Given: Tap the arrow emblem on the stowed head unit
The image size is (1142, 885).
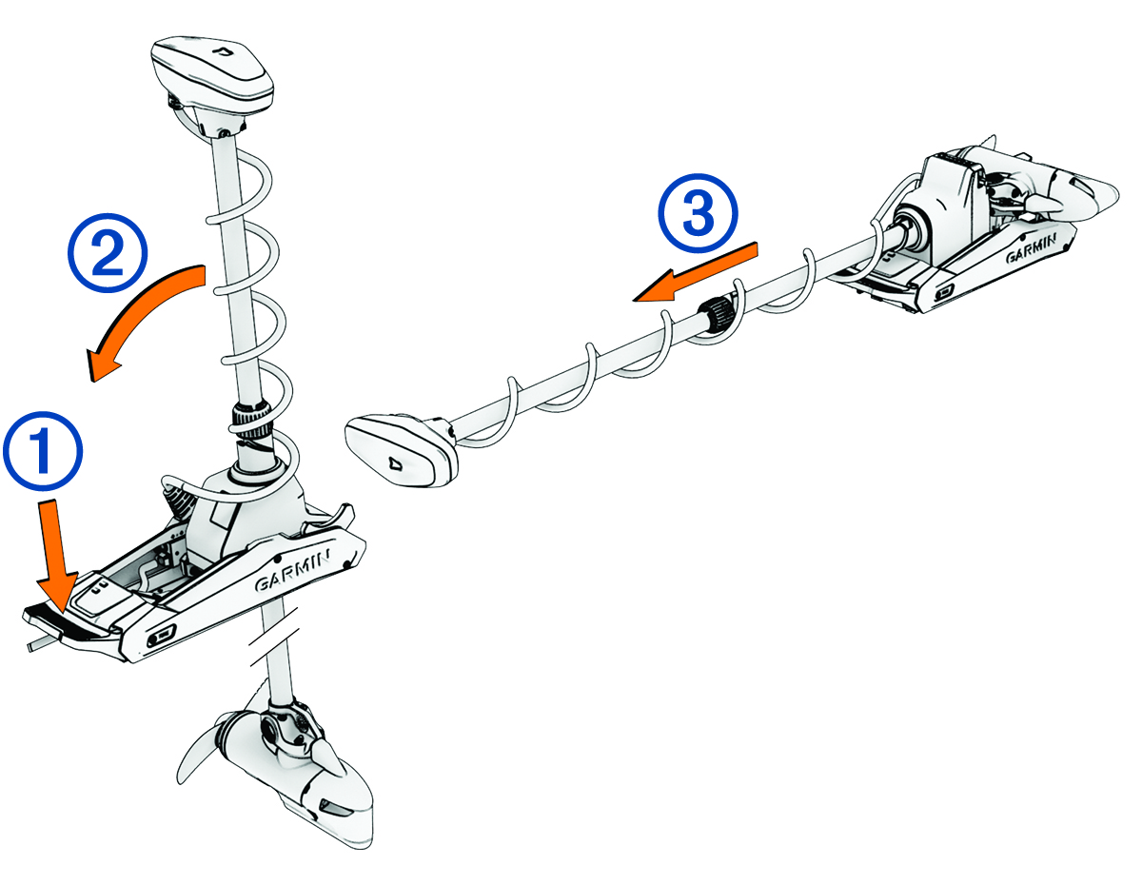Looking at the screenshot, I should click(x=394, y=463).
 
